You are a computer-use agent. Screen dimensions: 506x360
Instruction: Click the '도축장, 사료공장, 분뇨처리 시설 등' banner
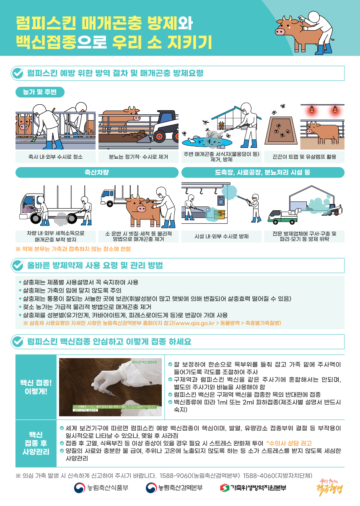263,173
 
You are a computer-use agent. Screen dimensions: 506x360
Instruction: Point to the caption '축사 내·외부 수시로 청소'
55,157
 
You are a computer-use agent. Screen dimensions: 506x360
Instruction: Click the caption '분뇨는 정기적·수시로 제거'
138,157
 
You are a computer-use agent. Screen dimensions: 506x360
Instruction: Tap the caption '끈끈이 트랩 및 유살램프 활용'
305,157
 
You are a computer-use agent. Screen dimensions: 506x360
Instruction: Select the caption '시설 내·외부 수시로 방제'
222,237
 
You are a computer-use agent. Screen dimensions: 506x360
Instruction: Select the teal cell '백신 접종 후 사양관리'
36,443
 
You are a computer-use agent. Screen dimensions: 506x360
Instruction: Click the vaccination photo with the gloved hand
110,387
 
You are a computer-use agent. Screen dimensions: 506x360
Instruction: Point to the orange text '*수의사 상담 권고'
289,443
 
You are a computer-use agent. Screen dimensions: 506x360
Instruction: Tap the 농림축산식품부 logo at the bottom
101,488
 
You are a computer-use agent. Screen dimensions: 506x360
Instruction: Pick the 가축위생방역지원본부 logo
253,488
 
